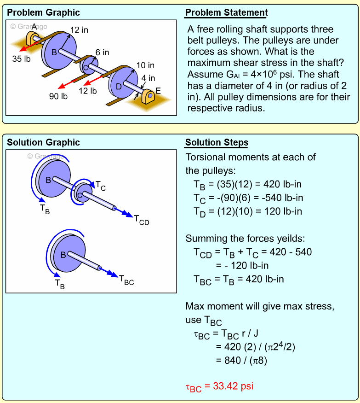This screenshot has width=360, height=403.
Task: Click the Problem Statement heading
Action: click(226, 12)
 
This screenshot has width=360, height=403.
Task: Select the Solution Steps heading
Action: click(217, 142)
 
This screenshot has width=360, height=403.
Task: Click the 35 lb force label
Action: click(21, 59)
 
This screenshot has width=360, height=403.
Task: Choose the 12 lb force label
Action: click(88, 91)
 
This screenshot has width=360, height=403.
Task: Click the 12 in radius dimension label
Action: click(79, 30)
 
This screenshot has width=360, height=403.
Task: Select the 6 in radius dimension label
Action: click(102, 53)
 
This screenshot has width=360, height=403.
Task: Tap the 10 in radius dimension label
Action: click(145, 65)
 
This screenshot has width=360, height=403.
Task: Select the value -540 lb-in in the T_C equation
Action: click(280, 198)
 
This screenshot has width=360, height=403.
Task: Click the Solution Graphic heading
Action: click(43, 142)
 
